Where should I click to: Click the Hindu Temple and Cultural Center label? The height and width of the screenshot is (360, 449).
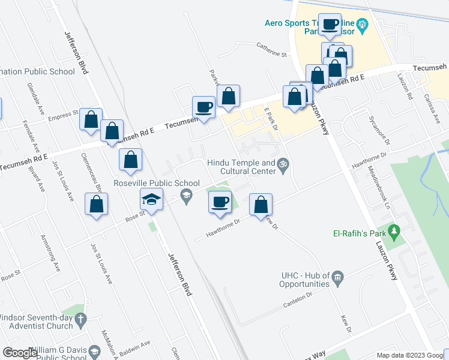(x=241, y=167)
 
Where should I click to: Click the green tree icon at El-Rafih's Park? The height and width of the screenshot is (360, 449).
(x=394, y=231)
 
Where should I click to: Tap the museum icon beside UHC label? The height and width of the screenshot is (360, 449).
(x=337, y=277)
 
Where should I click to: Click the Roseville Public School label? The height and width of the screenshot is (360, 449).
(x=148, y=183)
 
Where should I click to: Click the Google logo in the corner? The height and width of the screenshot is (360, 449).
(x=20, y=352)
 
